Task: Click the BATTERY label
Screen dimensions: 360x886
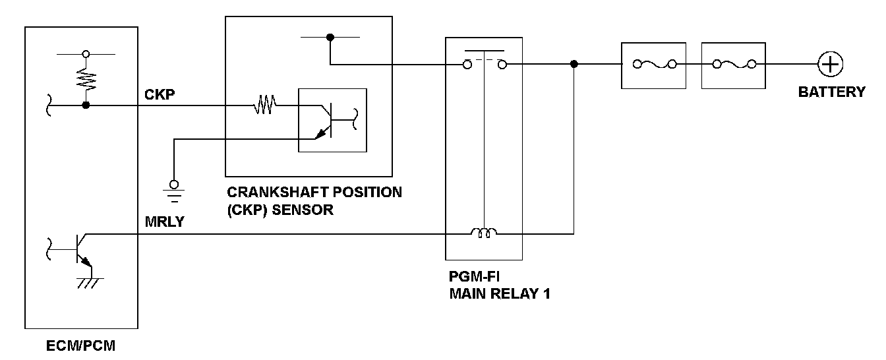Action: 831,92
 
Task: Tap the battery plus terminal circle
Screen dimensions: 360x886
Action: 830,64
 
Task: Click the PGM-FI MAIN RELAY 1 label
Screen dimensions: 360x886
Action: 499,285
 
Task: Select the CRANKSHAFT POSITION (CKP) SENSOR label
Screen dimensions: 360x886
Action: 314,200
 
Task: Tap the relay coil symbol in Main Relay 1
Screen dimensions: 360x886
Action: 484,232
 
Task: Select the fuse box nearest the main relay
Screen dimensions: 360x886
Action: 653,65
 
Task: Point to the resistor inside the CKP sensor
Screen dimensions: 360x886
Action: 265,104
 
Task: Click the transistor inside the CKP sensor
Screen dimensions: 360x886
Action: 333,120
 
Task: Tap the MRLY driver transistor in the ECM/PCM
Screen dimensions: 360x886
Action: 80,252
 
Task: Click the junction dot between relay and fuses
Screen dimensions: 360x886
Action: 574,64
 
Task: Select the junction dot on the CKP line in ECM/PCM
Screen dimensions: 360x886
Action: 85,104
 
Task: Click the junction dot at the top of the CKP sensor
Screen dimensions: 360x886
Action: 330,38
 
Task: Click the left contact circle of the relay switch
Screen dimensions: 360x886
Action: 467,64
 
